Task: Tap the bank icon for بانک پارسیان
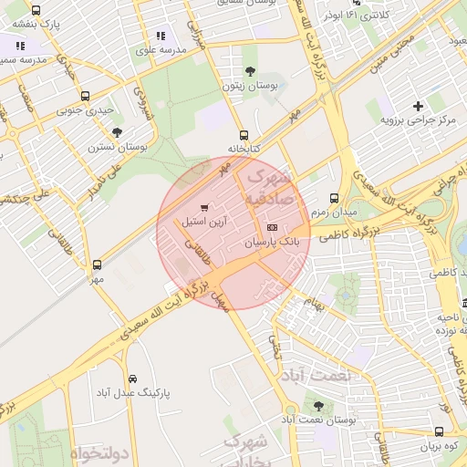pyautogui.click(x=271, y=227)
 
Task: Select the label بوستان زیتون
pyautogui.click(x=250, y=86)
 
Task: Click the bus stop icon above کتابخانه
pyautogui.click(x=243, y=134)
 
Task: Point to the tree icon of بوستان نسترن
pyautogui.click(x=117, y=132)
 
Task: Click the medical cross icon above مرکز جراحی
pyautogui.click(x=417, y=107)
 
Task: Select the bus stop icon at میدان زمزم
pyautogui.click(x=334, y=198)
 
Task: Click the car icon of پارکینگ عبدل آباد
pyautogui.click(x=132, y=379)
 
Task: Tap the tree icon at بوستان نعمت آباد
pyautogui.click(x=317, y=407)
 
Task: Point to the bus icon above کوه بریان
pyautogui.click(x=439, y=432)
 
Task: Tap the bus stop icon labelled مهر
pyautogui.click(x=97, y=265)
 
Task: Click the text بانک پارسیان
pyautogui.click(x=272, y=244)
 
